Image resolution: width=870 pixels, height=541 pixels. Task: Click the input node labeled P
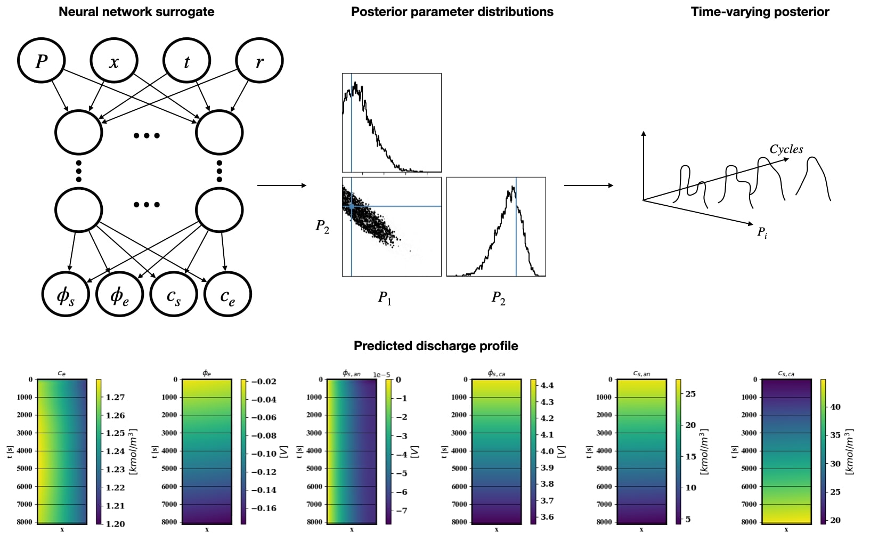pos(42,61)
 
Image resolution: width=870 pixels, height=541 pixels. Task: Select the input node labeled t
pos(186,61)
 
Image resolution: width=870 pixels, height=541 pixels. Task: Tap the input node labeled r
pos(259,61)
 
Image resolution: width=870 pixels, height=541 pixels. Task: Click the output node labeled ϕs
pos(66,294)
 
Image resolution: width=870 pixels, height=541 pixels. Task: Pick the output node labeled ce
pos(227,294)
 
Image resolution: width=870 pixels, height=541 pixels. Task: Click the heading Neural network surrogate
pos(136,12)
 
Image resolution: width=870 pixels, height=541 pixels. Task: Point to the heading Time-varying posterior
pos(760,12)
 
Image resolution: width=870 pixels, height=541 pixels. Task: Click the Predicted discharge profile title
pos(436,346)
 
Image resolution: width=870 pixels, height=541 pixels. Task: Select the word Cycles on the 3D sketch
pos(786,149)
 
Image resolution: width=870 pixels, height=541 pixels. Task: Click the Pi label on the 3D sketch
pos(762,232)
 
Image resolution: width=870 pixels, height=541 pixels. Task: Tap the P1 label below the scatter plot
pos(385,297)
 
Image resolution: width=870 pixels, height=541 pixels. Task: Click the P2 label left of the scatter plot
pos(322,226)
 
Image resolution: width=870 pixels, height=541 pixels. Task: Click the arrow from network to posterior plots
pos(281,185)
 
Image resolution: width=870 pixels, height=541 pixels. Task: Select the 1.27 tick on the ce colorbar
pos(115,397)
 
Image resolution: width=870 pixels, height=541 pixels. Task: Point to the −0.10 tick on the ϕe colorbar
pos(264,454)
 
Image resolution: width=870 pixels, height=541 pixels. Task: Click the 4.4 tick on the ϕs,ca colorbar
pos(547,385)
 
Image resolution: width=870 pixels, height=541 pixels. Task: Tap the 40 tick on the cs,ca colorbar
pos(835,407)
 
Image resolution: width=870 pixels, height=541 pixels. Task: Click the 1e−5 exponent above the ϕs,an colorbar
pos(381,375)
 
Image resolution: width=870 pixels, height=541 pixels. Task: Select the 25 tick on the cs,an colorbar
pos(690,394)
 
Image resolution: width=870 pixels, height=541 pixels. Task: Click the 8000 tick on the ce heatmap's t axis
pos(25,522)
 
